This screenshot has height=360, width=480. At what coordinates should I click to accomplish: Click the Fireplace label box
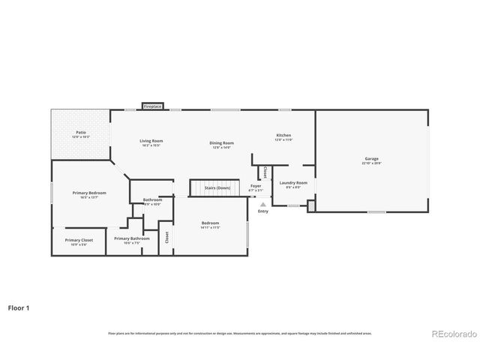[x=152, y=107]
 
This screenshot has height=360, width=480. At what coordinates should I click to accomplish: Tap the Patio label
[x=80, y=133]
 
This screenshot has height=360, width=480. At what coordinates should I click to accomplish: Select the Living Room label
[x=151, y=141]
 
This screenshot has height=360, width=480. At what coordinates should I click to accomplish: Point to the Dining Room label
[x=221, y=142]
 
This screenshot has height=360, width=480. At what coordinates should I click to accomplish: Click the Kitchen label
[x=283, y=135]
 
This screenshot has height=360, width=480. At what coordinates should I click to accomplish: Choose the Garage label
[x=371, y=159]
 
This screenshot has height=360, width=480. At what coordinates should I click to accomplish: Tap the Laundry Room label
[x=293, y=183]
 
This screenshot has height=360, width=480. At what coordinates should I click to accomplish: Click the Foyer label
[x=256, y=185]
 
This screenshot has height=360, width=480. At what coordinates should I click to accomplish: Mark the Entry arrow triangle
[x=262, y=203]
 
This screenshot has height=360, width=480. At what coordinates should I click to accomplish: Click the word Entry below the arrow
[x=262, y=211]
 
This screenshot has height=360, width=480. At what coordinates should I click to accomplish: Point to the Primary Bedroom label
[x=89, y=193]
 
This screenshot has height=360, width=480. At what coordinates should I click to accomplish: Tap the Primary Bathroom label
[x=131, y=238]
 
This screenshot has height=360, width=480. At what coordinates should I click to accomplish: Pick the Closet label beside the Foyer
[x=265, y=172]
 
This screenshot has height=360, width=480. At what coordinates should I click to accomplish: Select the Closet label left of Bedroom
[x=166, y=237]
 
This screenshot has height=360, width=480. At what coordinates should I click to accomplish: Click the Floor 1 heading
[x=19, y=307]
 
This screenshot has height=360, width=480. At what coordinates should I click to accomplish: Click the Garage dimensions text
[x=371, y=163]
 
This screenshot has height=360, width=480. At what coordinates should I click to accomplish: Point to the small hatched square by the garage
[x=312, y=204]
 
